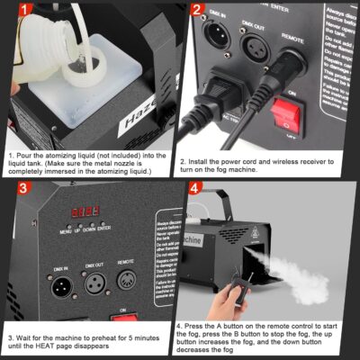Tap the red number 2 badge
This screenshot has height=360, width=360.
click(x=196, y=12)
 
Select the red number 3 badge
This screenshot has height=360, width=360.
click(x=13, y=192)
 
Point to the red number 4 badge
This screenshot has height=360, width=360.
click(x=196, y=192)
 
